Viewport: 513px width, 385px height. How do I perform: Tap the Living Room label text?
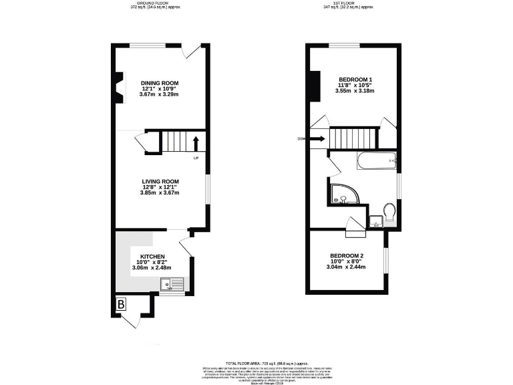[160, 181]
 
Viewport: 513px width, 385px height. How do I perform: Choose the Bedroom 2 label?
[347, 256]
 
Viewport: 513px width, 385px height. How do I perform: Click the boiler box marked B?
[121, 305]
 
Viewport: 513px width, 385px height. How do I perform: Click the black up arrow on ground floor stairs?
[196, 142]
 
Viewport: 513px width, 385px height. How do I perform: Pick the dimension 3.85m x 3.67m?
[160, 192]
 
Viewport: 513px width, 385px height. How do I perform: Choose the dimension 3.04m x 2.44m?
[347, 268]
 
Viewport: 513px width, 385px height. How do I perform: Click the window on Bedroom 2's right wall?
[385, 260]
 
